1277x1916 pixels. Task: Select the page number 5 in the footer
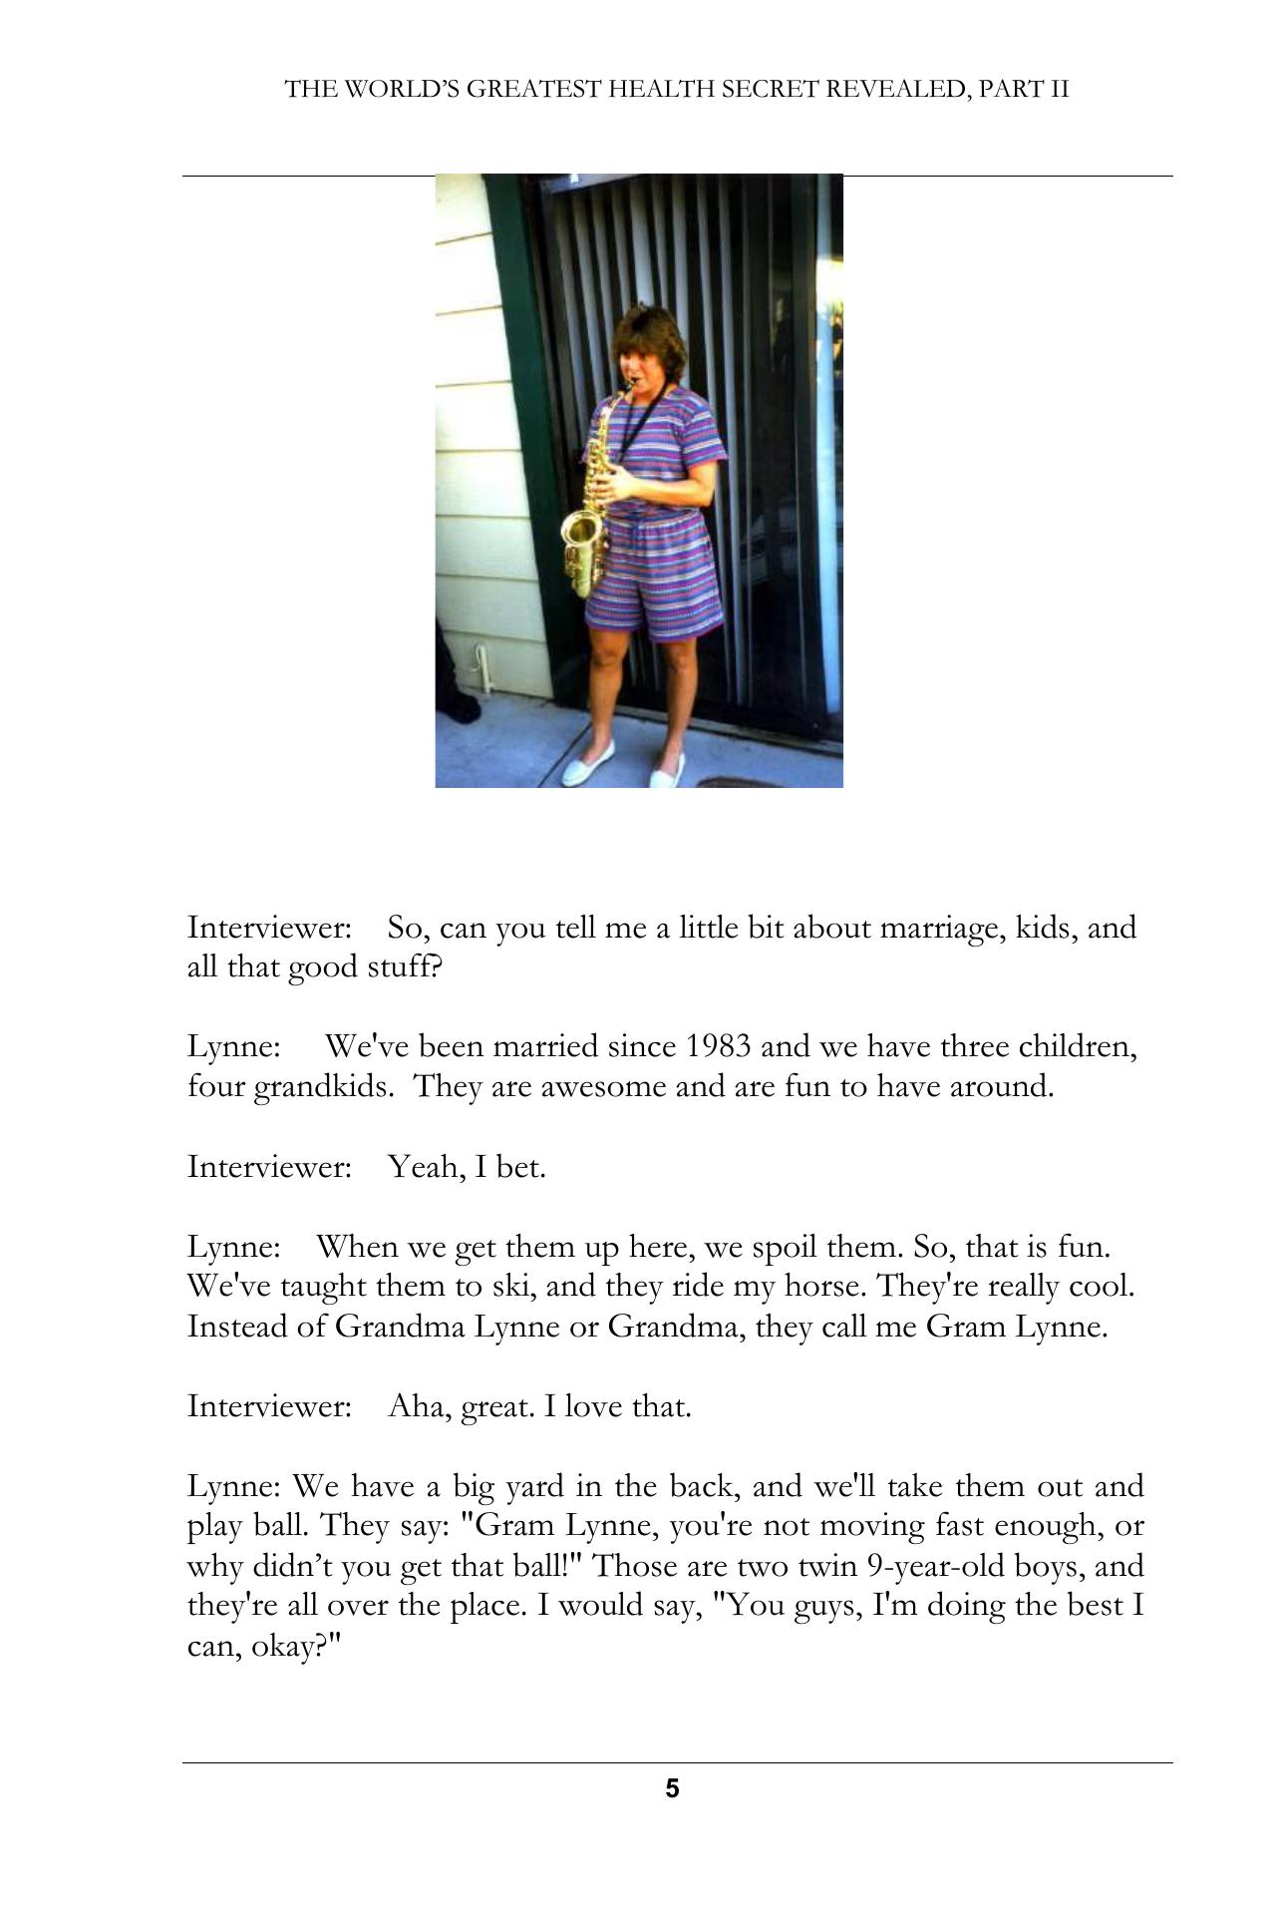tap(672, 1788)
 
